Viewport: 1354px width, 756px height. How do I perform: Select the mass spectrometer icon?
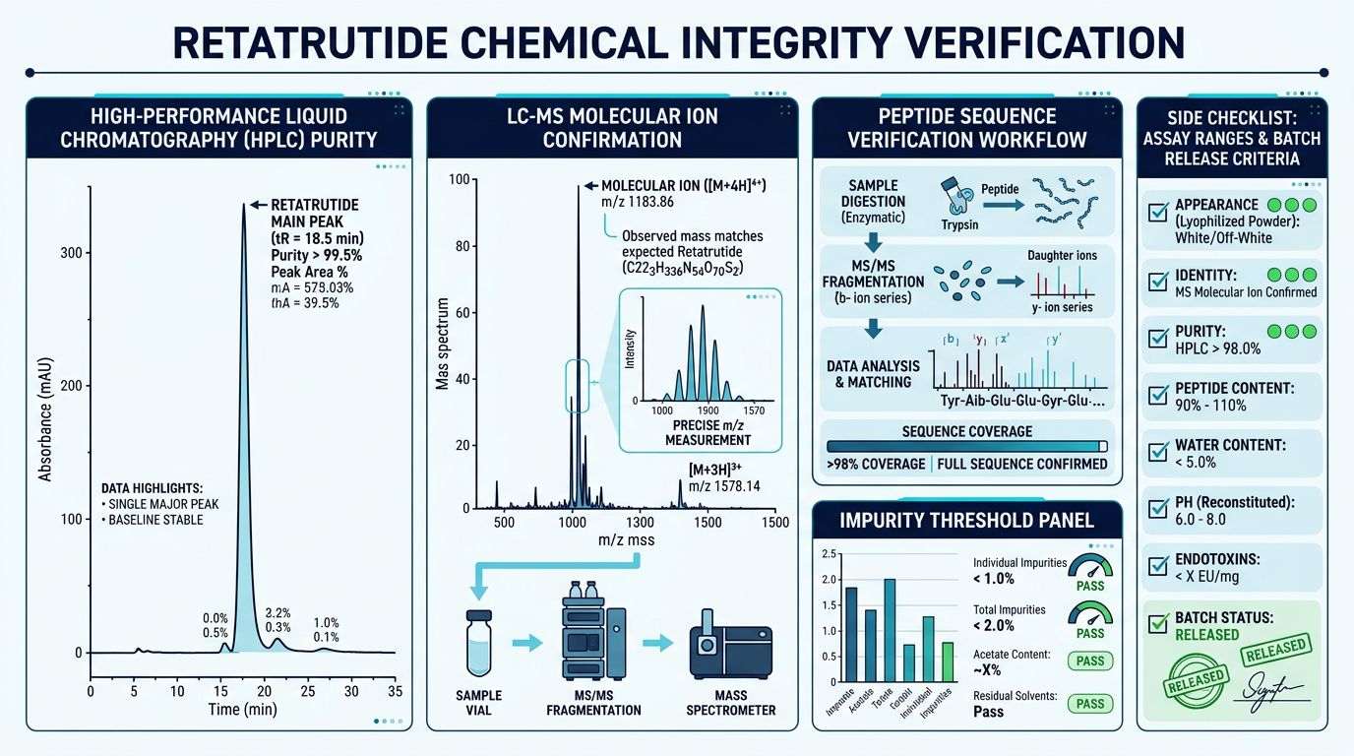click(x=730, y=644)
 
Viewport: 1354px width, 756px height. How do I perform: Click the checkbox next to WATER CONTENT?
click(x=1158, y=452)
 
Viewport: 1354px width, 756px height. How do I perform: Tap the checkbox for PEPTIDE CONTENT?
click(x=1158, y=396)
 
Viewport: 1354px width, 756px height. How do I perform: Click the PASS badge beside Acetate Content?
click(x=1089, y=661)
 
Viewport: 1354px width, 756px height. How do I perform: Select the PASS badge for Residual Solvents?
click(x=1089, y=703)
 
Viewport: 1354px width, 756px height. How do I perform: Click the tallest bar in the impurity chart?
click(x=890, y=631)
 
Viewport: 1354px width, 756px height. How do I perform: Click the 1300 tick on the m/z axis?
click(x=640, y=522)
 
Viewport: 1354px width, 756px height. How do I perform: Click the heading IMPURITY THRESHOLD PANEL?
click(x=966, y=519)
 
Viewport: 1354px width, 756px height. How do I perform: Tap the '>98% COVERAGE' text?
click(x=876, y=464)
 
